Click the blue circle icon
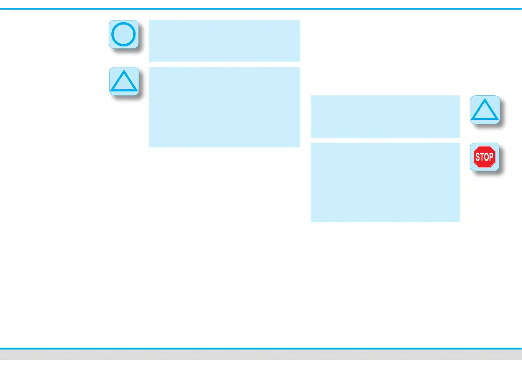(124, 34)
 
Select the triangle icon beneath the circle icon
(124, 82)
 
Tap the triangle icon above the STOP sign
(484, 110)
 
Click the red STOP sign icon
(484, 157)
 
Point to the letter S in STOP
(478, 157)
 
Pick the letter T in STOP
(482, 157)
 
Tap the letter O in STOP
(486, 157)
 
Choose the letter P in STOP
(491, 157)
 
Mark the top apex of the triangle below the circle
(124, 71)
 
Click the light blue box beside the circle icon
(224, 40)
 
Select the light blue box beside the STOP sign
(385, 182)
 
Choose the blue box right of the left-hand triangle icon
(224, 107)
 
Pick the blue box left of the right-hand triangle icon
(385, 116)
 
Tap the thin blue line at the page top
(261, 8)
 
